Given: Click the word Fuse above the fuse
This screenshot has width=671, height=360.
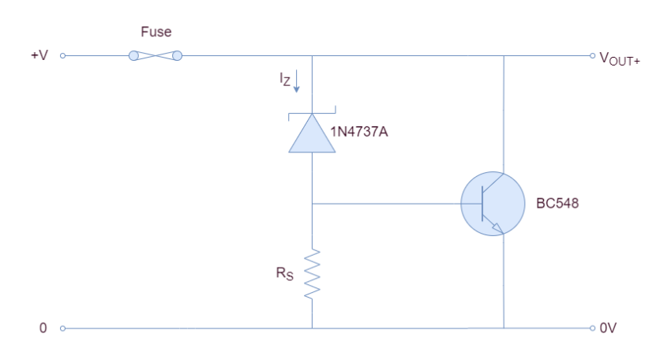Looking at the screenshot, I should pos(155,33).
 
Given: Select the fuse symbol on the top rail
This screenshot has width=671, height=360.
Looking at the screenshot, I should pos(155,56).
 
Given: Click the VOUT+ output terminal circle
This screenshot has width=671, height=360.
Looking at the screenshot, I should pos(591,56).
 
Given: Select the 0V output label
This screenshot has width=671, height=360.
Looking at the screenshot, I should pos(608,328).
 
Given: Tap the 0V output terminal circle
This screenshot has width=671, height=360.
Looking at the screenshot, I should pos(591,328).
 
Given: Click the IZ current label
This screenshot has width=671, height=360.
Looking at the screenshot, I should pos(284,79).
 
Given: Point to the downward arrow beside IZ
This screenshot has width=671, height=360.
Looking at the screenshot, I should pos(297,81).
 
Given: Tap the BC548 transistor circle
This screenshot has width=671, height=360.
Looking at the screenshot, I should pos(494,204).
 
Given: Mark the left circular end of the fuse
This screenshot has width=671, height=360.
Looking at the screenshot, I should pos(133,56).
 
